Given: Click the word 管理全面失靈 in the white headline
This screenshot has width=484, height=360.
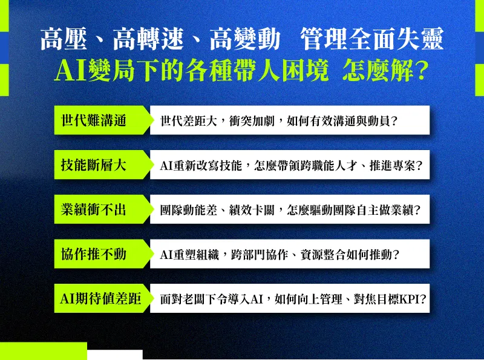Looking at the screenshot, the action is [371, 39].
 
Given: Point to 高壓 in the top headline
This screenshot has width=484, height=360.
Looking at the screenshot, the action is [64, 39].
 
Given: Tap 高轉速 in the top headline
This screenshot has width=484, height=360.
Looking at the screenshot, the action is [148, 39].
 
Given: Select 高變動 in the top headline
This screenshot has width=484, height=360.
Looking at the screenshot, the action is [245, 39].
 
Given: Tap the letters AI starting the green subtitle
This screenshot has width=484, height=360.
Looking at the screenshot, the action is [71, 71].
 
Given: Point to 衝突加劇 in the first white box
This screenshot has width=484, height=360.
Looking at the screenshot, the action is [252, 121].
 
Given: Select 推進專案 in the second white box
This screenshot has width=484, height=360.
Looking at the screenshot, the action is [392, 166].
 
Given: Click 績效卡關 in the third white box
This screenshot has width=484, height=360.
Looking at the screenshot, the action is [252, 211].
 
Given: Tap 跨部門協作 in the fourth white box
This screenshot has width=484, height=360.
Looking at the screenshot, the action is [260, 255].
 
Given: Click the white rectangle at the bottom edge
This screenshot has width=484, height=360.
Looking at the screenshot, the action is [115, 355].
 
